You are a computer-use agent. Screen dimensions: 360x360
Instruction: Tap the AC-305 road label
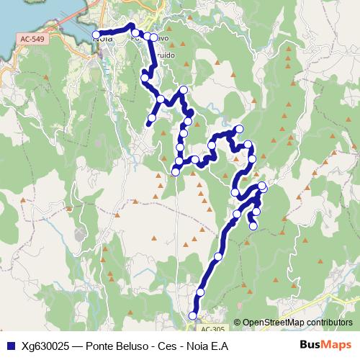(212, 329)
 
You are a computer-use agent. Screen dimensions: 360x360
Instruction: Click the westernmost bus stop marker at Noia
(96, 35)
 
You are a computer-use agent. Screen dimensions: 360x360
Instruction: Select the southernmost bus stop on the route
(192, 315)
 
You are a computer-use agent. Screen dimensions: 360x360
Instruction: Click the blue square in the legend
(10, 346)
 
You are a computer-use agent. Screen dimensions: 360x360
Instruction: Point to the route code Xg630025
(48, 346)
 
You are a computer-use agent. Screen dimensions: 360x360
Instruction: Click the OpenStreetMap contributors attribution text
(297, 323)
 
